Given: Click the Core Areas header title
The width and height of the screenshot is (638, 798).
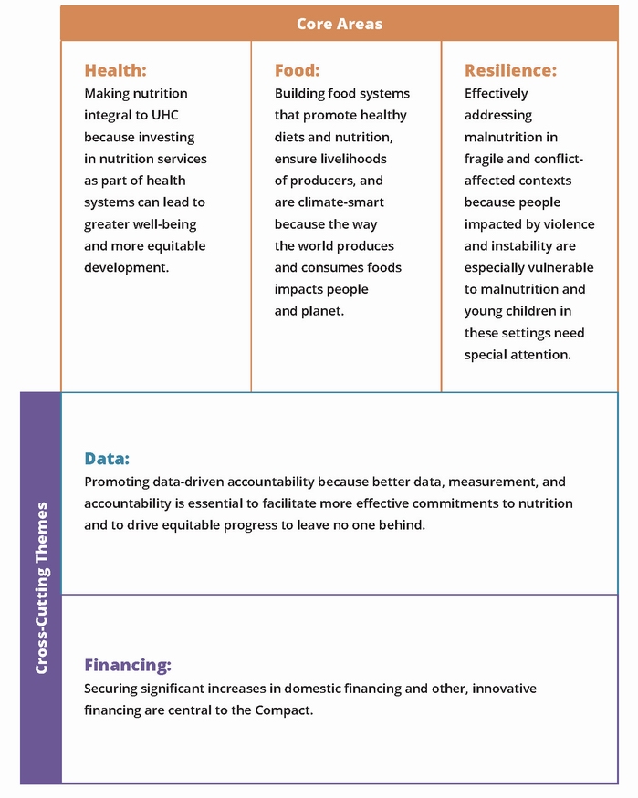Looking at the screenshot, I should click(339, 24).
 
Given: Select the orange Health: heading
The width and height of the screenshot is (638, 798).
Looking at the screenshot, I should click(115, 70).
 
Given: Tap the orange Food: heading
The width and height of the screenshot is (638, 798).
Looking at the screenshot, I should click(297, 70).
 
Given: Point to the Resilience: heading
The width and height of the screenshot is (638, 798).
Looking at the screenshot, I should click(510, 70).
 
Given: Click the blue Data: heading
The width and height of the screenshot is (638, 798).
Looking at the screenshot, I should click(107, 459).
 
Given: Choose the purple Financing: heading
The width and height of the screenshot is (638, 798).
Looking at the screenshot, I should click(128, 666).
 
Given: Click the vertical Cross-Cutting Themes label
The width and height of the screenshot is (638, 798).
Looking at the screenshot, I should click(41, 587).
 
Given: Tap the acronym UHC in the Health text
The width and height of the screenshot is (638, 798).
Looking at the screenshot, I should click(171, 115).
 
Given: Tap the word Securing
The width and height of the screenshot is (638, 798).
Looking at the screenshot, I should click(110, 689).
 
